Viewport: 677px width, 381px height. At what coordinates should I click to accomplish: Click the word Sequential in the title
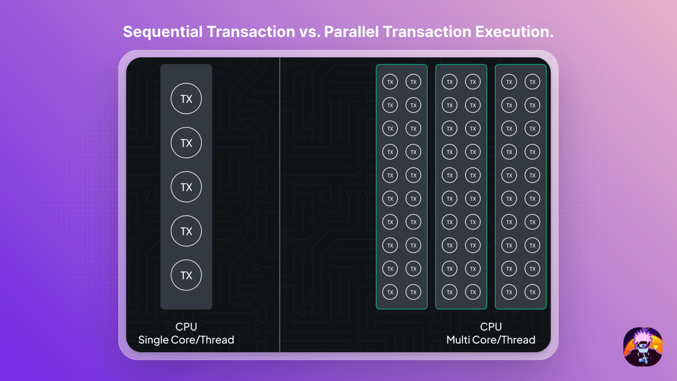coord(163,32)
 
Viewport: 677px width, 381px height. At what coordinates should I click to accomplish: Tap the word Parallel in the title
coord(351,32)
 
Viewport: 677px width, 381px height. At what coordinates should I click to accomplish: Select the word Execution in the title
coord(514,32)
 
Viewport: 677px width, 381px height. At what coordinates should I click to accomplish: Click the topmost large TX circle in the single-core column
coord(186,99)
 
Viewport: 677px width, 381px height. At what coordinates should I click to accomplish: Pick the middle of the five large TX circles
coord(186,187)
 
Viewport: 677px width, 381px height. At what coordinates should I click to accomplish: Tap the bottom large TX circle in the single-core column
coord(186,275)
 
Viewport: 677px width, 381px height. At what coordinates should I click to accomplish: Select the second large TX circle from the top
coord(186,143)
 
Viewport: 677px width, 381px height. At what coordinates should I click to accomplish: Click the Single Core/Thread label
coord(186,340)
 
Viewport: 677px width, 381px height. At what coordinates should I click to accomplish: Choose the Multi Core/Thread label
coord(491,340)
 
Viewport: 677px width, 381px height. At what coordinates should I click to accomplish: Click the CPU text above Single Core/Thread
coord(186,327)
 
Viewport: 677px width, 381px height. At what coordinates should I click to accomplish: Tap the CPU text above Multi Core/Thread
coord(491,327)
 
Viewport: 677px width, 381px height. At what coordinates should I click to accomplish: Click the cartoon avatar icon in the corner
coord(643,347)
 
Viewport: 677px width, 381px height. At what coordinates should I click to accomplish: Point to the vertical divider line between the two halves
coord(280,205)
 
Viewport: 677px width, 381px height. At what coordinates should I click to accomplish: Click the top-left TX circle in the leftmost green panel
coord(390,82)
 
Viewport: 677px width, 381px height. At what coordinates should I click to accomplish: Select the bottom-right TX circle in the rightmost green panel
coord(532,292)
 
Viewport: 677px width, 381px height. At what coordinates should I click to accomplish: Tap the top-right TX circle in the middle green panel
coord(473,82)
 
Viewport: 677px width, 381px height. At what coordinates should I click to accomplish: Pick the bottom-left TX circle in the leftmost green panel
coord(390,292)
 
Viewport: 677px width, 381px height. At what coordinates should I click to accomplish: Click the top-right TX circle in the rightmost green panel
coord(532,82)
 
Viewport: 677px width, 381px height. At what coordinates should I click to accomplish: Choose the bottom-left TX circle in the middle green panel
coord(450,292)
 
